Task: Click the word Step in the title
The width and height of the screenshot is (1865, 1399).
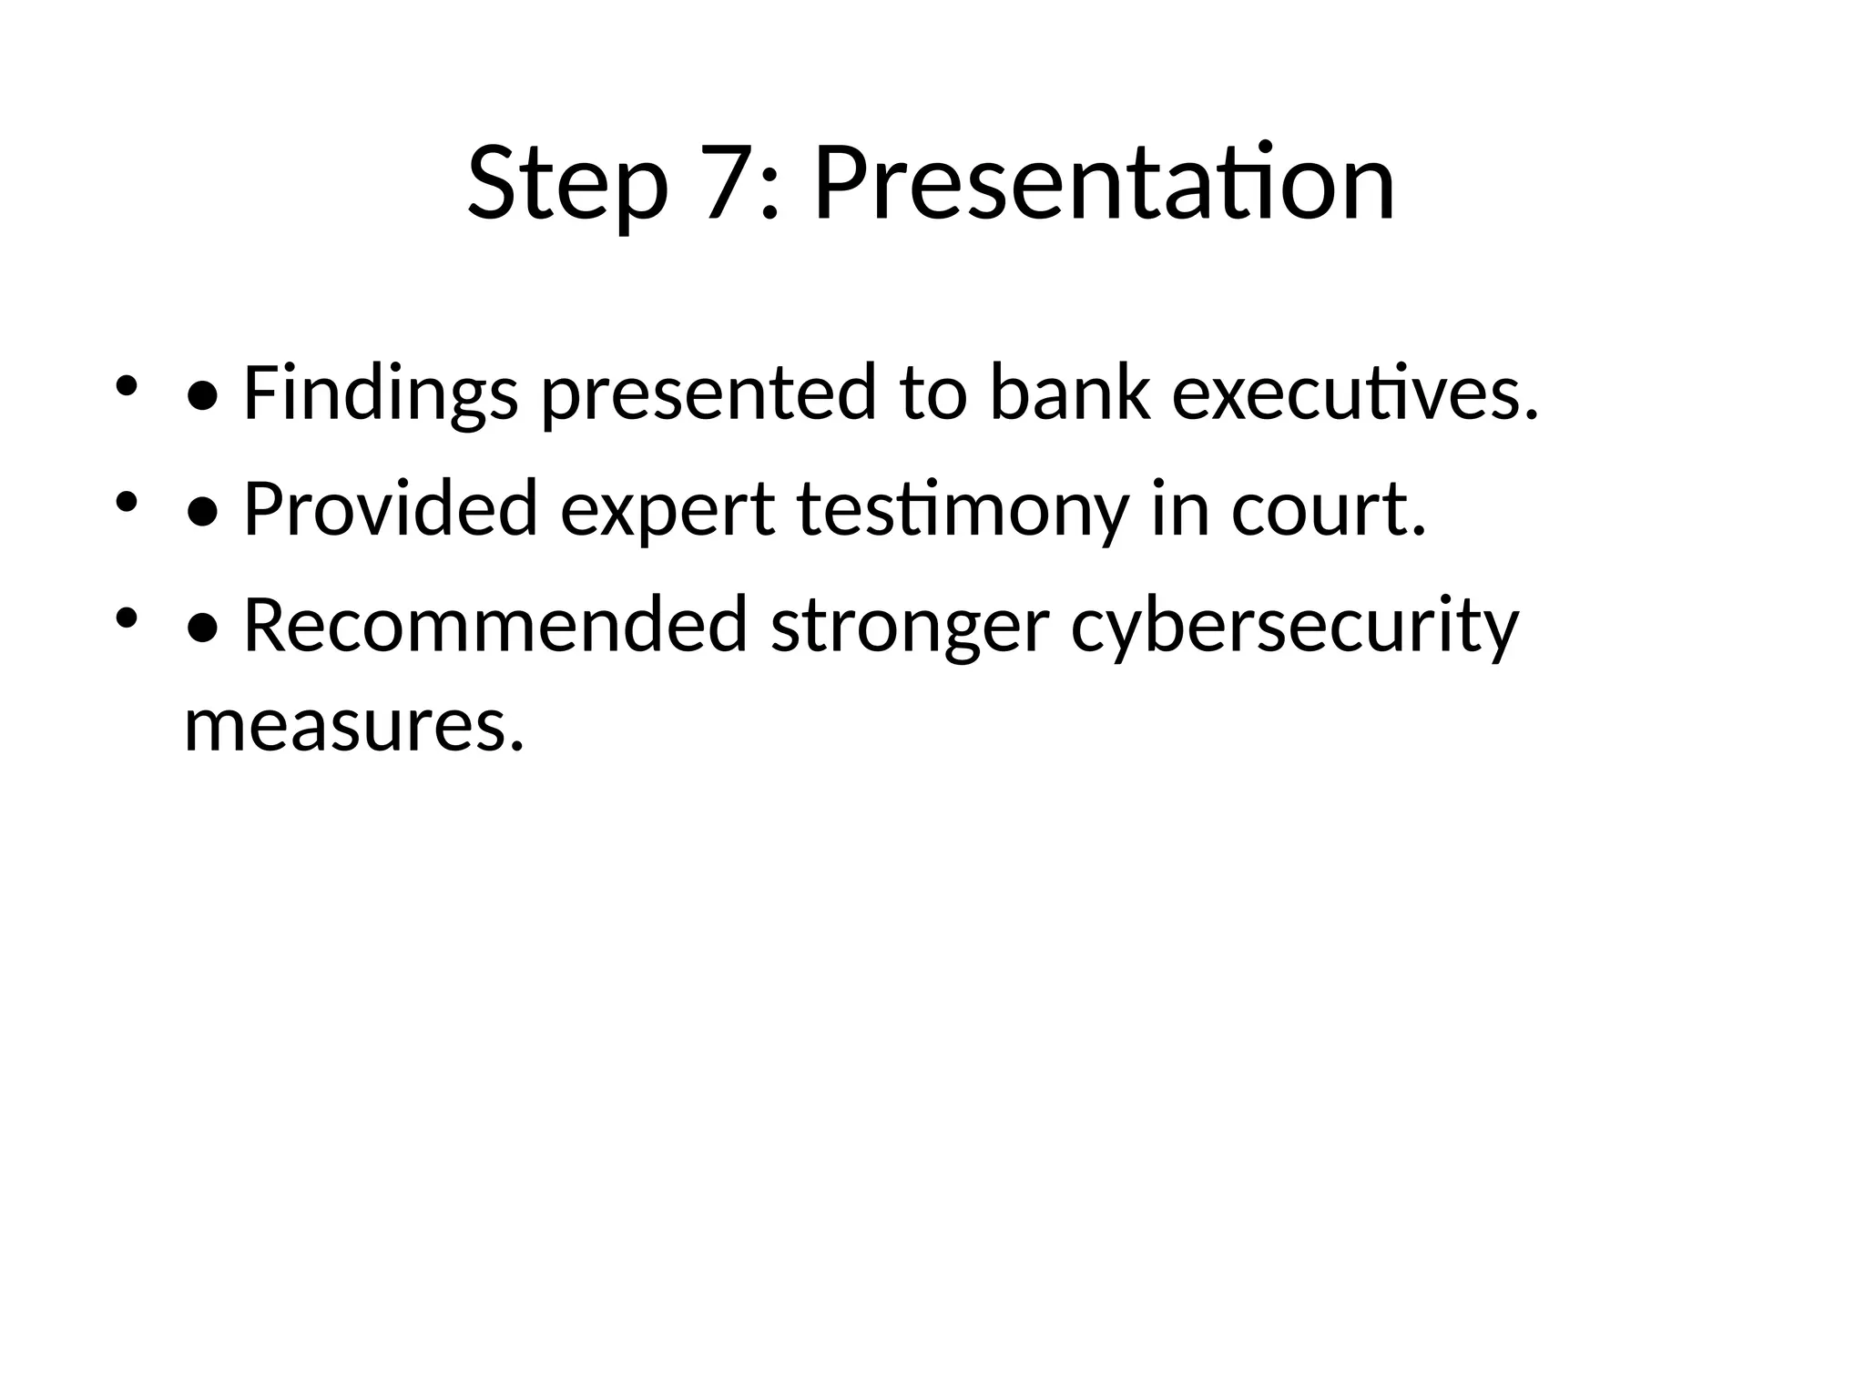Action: (567, 184)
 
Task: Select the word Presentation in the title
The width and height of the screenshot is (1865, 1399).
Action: (1103, 184)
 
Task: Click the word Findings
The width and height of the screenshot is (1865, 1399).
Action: (381, 394)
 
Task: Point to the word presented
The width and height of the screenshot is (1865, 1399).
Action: (708, 394)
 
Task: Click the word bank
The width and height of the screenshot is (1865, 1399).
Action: (1069, 393)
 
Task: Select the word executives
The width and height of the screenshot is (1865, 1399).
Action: (1354, 394)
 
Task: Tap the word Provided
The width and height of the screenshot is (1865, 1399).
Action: (390, 509)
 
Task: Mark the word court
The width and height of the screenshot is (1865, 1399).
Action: (1328, 509)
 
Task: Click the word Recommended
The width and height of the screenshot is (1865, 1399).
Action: (494, 626)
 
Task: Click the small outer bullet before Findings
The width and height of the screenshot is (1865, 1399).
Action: (126, 385)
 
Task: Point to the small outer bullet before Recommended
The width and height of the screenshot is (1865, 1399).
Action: (126, 618)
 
